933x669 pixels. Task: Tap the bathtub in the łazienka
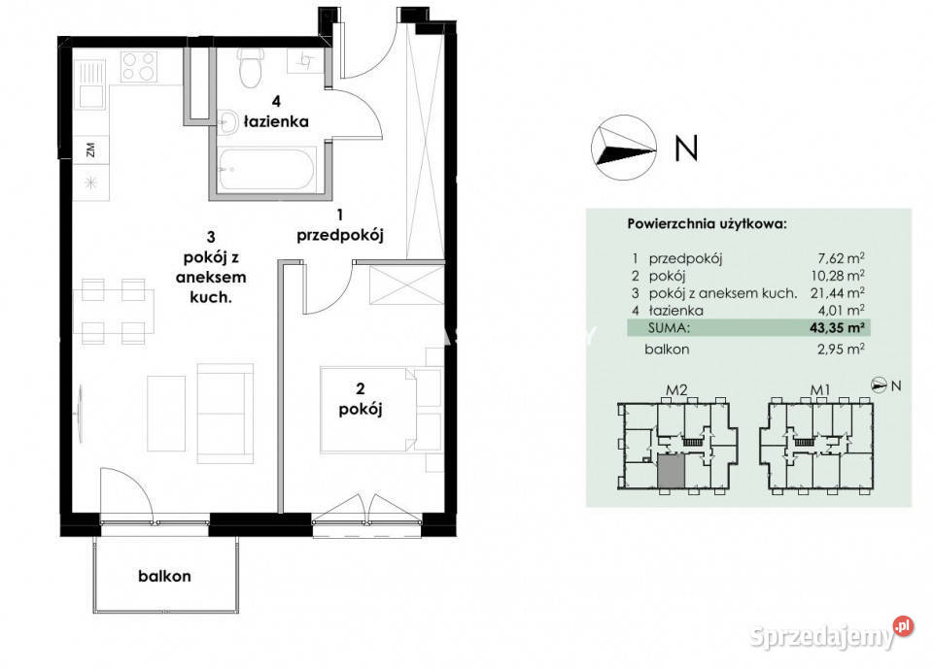coord(266,170)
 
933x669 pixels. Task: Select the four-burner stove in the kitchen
coord(139,66)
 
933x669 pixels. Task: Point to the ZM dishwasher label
coord(90,150)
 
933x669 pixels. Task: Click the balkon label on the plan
coord(165,576)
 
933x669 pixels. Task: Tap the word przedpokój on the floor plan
coord(340,235)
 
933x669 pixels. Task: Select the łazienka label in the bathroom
coord(276,121)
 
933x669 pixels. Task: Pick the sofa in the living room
coord(225,414)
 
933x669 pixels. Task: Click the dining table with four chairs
coord(114,311)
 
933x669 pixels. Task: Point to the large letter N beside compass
coord(686,148)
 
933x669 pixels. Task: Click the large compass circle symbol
coord(624,148)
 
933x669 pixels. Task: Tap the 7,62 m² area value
coord(841,258)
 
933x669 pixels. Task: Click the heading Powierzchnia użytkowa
coord(707,224)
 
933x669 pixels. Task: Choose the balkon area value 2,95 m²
coord(841,350)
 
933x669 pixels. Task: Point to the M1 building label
coord(820,390)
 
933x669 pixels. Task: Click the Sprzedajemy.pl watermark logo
coord(831,636)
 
